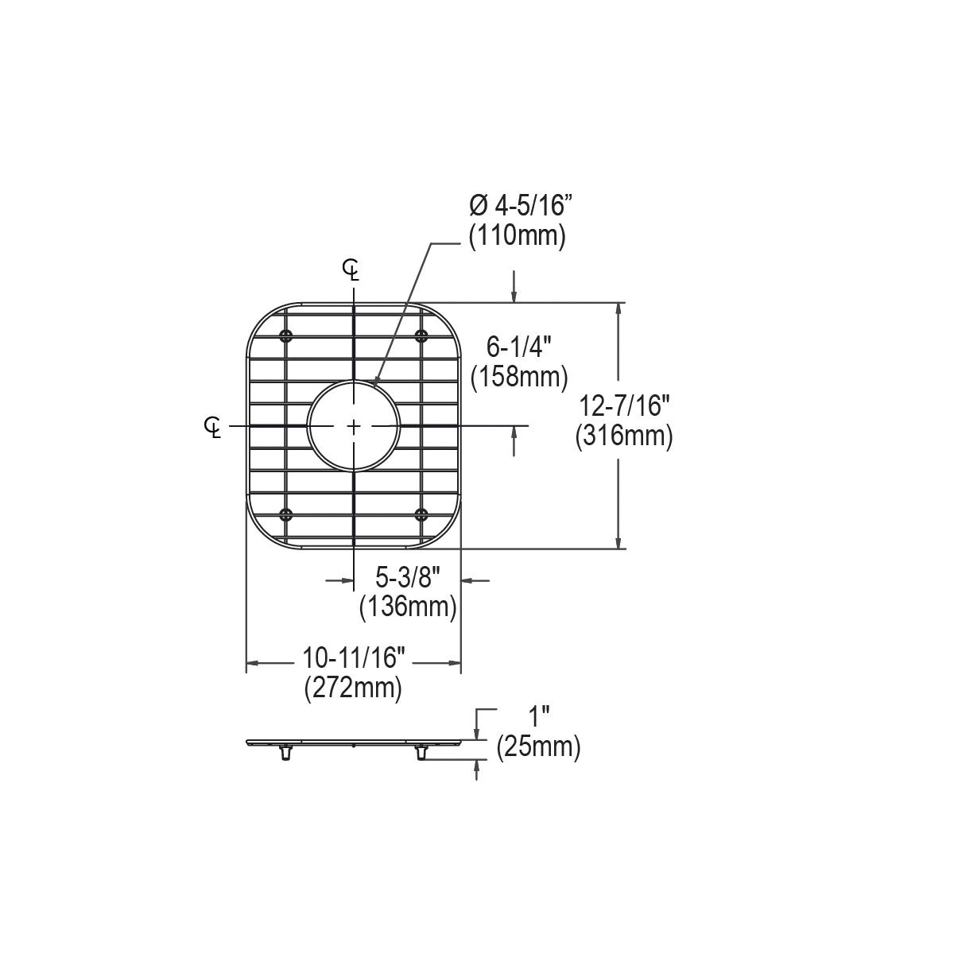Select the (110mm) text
tap(518, 237)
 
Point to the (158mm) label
tap(519, 378)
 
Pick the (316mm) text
tap(624, 436)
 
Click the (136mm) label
tap(408, 607)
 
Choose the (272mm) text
tap(354, 688)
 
